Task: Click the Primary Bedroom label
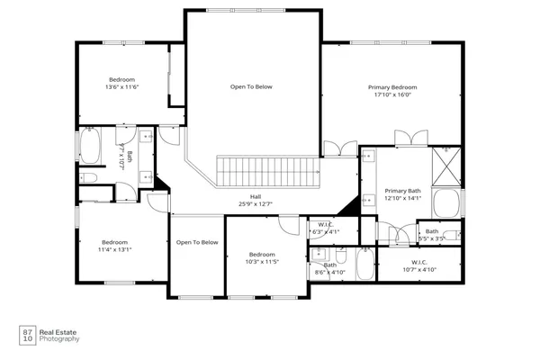tap(391, 87)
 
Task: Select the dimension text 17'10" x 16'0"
tap(391, 95)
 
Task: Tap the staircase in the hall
tap(268, 170)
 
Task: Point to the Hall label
tap(256, 196)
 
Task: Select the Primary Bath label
tap(402, 191)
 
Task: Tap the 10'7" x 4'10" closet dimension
tap(419, 269)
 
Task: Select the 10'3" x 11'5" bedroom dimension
tap(263, 262)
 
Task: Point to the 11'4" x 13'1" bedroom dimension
tap(115, 249)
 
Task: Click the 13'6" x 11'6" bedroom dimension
tap(121, 87)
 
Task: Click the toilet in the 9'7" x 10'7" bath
tap(90, 178)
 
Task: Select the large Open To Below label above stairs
tap(251, 87)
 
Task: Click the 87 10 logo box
tap(27, 335)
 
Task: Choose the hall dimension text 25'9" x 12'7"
tap(256, 204)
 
